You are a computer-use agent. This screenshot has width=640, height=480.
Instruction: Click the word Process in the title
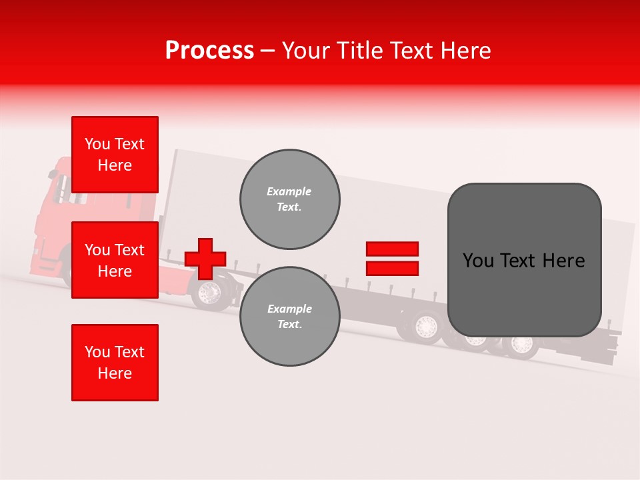pyautogui.click(x=209, y=51)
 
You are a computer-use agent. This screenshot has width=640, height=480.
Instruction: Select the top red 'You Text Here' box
pyautogui.click(x=115, y=155)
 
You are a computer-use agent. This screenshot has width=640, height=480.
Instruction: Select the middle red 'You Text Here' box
pyautogui.click(x=115, y=260)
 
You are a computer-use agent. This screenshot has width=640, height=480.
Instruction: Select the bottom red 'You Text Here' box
pyautogui.click(x=115, y=363)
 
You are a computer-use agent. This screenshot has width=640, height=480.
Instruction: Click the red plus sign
pyautogui.click(x=205, y=259)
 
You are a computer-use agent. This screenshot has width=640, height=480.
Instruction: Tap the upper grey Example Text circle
pyautogui.click(x=289, y=199)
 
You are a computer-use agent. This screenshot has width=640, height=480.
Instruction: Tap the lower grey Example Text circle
pyautogui.click(x=289, y=317)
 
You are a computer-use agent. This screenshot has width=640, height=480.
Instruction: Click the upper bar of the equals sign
pyautogui.click(x=392, y=249)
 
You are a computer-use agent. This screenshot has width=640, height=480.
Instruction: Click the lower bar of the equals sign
pyautogui.click(x=392, y=268)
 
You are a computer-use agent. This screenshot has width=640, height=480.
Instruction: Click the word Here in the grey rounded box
pyautogui.click(x=563, y=261)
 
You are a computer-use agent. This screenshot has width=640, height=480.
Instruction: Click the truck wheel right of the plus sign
pyautogui.click(x=211, y=293)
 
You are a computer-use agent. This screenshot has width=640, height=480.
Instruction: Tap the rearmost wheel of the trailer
pyautogui.click(x=521, y=345)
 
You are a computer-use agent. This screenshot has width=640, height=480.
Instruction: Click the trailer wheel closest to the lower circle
pyautogui.click(x=425, y=327)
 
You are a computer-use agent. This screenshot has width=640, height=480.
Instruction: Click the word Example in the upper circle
pyautogui.click(x=289, y=192)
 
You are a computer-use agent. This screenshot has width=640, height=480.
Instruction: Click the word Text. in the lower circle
pyautogui.click(x=289, y=325)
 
